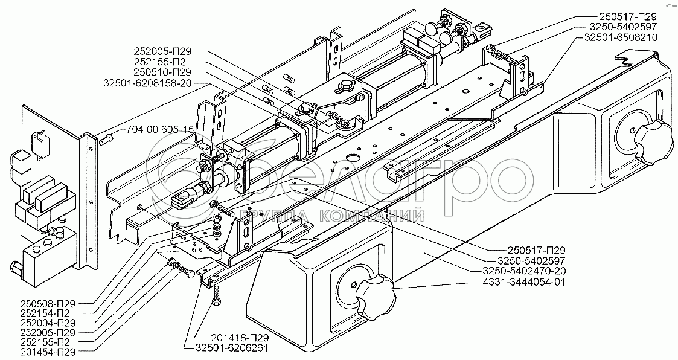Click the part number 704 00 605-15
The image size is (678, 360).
pos(160,129)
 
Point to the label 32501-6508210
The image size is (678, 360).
pos(621,37)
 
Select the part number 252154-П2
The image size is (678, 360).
pos(45,313)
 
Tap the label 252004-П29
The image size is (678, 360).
pos(48,323)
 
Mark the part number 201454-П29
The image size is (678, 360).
pos(48,352)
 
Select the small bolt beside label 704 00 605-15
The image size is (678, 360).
pos(106,140)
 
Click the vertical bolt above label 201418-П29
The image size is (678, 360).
pos(217,295)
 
